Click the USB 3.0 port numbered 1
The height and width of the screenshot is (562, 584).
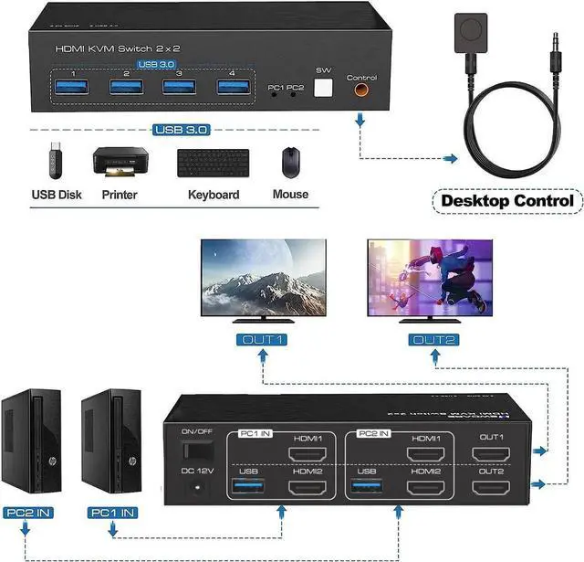point(72,88)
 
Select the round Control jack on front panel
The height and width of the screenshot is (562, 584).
point(361,90)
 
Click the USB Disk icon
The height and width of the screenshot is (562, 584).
point(54,163)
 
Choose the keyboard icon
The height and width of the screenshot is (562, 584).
point(214,163)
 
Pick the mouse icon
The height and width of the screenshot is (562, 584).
point(290,163)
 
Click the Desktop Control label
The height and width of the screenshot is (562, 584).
point(507,200)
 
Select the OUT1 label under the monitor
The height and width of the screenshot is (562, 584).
point(264,340)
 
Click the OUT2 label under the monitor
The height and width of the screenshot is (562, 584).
point(429,340)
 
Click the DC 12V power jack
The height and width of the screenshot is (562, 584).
point(193,488)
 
